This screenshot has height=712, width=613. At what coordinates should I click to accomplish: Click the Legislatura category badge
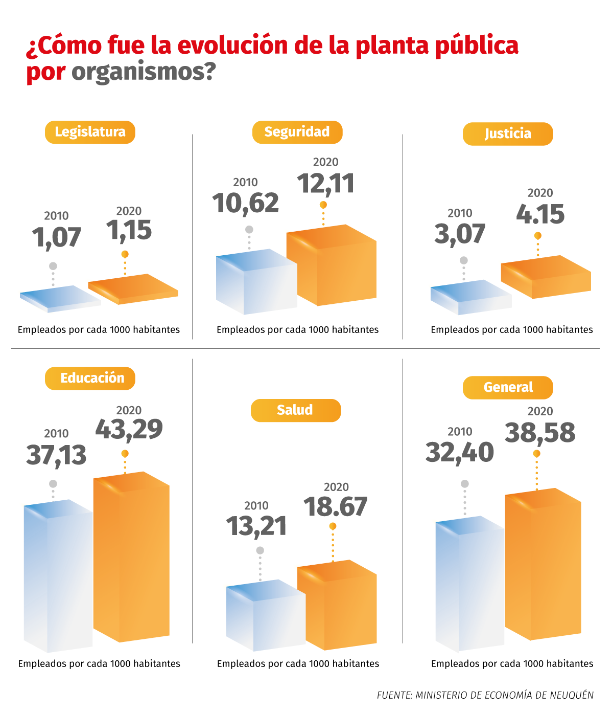click(90, 132)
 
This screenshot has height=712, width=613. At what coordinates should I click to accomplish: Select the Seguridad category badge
click(297, 132)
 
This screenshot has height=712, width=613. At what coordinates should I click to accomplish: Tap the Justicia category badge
click(508, 133)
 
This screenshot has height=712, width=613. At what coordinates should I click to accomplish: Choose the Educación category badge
click(90, 378)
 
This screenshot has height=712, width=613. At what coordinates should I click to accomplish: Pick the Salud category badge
click(295, 410)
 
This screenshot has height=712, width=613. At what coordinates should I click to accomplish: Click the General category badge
click(508, 387)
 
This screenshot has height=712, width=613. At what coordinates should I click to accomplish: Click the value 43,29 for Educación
click(129, 429)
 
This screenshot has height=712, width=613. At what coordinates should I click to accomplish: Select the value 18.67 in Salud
click(335, 507)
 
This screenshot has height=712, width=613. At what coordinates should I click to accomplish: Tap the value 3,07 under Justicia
click(459, 234)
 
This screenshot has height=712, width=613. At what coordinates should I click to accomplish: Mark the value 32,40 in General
click(459, 452)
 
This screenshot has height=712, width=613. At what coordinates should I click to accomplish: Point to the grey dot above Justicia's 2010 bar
click(464, 260)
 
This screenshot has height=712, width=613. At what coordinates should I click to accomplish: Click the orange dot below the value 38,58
click(536, 454)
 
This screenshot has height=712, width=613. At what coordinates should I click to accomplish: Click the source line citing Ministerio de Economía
click(485, 695)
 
